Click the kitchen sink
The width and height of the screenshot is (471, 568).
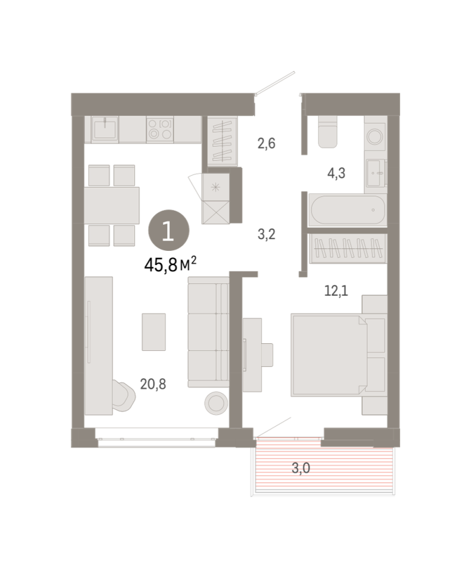point(105,128)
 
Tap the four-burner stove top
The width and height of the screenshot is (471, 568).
point(160,129)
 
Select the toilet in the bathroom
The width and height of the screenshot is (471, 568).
point(328,131)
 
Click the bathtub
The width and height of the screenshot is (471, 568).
point(347,209)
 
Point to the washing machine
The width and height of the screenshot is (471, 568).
point(375,137)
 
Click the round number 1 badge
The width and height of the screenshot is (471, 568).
point(169,230)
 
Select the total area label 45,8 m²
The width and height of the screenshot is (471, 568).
point(170,265)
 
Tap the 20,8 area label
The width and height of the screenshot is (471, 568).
point(153,384)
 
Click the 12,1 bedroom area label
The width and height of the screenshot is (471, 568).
point(336,291)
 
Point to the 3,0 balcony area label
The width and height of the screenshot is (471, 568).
point(301,469)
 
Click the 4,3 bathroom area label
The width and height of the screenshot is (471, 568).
point(336,173)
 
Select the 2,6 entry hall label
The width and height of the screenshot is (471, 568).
point(267,144)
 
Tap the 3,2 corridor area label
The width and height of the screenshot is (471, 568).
point(267,234)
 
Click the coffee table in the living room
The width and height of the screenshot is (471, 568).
point(154,332)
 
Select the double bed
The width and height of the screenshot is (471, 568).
point(329,355)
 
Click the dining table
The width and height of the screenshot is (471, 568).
point(112,205)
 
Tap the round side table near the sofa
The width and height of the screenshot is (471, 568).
point(216,403)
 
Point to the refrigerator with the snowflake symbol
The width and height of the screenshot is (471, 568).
point(216,188)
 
